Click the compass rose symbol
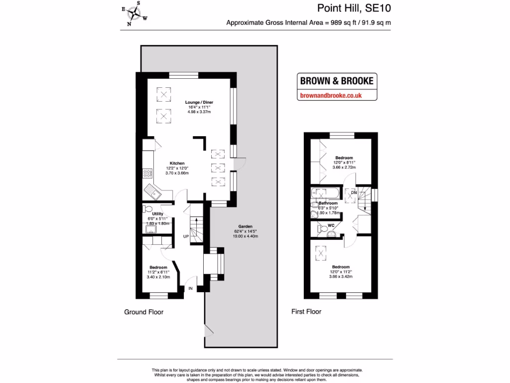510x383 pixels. point(134,13)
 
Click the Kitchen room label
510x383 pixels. point(177,163)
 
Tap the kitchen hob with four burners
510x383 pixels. point(147,173)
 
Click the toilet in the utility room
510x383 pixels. point(147,208)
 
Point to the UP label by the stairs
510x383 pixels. point(186,236)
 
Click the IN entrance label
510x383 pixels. point(190,288)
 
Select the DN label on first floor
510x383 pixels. point(354,192)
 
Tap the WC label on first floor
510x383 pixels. point(331,225)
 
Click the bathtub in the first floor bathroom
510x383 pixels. point(326,192)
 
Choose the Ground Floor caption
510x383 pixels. point(143,312)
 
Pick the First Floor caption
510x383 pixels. point(306,312)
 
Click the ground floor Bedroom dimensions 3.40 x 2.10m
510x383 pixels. point(158,277)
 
